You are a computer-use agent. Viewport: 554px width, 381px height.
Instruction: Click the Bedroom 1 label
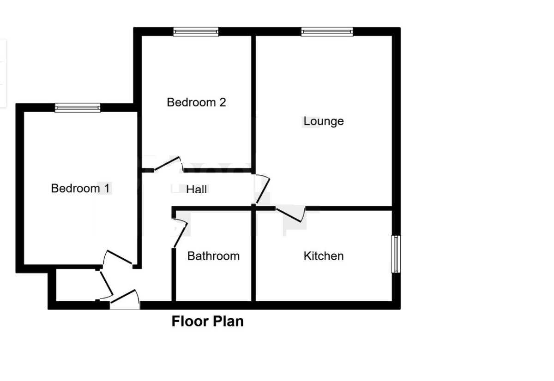(81, 188)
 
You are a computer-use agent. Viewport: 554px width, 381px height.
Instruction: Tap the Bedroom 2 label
(196, 102)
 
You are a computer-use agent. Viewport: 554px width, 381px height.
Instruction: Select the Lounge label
(323, 121)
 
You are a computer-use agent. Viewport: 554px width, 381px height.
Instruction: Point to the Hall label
(197, 189)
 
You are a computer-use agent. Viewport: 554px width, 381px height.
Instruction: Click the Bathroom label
(213, 256)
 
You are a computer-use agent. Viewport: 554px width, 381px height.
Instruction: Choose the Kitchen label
(323, 256)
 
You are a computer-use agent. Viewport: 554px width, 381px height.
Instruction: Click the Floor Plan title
(207, 321)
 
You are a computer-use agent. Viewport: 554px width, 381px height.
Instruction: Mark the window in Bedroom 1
(78, 108)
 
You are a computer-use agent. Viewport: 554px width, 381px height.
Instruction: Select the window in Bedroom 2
(196, 32)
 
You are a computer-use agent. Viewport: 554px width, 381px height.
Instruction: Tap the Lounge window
(327, 32)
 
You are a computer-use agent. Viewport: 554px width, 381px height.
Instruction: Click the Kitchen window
(396, 254)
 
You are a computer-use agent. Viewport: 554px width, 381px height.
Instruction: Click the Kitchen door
(291, 214)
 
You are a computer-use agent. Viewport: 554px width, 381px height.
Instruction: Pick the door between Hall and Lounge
(262, 189)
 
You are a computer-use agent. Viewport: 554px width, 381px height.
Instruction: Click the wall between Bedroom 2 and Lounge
(253, 101)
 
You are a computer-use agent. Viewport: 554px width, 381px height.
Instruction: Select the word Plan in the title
(226, 321)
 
